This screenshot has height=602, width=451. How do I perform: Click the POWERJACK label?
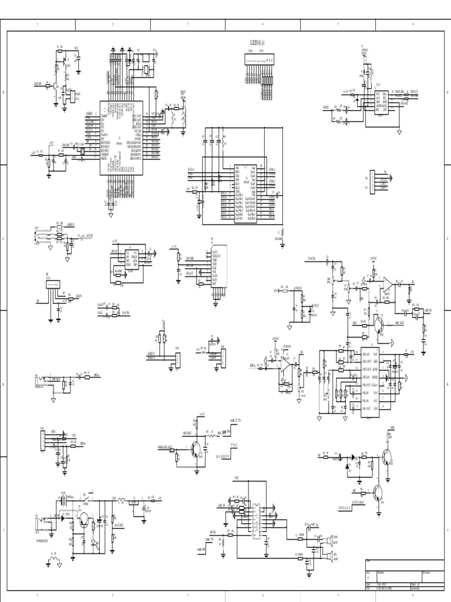pos(44,539)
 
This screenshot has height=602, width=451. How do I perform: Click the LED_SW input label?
pos(40,84)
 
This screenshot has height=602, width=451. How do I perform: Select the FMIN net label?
pos(326,108)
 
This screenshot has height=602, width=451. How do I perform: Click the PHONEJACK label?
pos(40,386)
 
